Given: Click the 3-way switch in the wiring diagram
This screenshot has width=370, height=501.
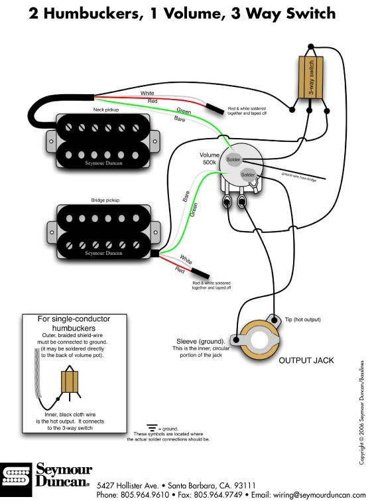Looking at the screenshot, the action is pyautogui.click(x=310, y=78).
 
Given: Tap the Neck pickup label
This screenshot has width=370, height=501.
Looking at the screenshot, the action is pyautogui.click(x=106, y=109).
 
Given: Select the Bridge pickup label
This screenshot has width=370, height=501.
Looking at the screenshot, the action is pyautogui.click(x=105, y=200).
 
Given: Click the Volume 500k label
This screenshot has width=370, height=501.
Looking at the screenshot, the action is pyautogui.click(x=210, y=159).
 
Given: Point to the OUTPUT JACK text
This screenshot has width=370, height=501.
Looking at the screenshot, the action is pyautogui.click(x=306, y=360).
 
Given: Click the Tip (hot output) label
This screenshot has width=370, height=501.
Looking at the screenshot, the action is pyautogui.click(x=302, y=319).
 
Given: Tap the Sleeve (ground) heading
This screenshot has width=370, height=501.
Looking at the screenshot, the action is pyautogui.click(x=200, y=341).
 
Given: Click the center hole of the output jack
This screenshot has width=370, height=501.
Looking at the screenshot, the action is pyautogui.click(x=259, y=340).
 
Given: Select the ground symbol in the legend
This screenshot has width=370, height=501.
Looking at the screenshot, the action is pyautogui.click(x=153, y=427).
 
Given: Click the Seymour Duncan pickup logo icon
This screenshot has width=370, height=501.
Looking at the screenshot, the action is pyautogui.click(x=16, y=478).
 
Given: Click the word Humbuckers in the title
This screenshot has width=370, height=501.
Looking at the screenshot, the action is pyautogui.click(x=93, y=14).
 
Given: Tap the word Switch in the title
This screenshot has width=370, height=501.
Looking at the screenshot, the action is pyautogui.click(x=310, y=13).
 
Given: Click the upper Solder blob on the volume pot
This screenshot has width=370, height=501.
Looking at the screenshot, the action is pyautogui.click(x=233, y=159).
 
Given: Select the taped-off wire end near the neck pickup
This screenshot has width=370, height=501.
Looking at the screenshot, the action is pyautogui.click(x=215, y=109).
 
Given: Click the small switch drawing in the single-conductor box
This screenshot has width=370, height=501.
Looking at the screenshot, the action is pyautogui.click(x=70, y=382).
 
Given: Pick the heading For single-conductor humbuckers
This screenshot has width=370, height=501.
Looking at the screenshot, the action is pyautogui.click(x=74, y=323).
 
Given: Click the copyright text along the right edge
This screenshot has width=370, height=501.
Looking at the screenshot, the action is pyautogui.click(x=361, y=413).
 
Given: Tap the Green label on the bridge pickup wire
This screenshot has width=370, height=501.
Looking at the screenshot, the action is pyautogui.click(x=194, y=210).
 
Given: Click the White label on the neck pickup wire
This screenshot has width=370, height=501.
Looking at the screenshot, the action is pyautogui.click(x=147, y=93).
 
